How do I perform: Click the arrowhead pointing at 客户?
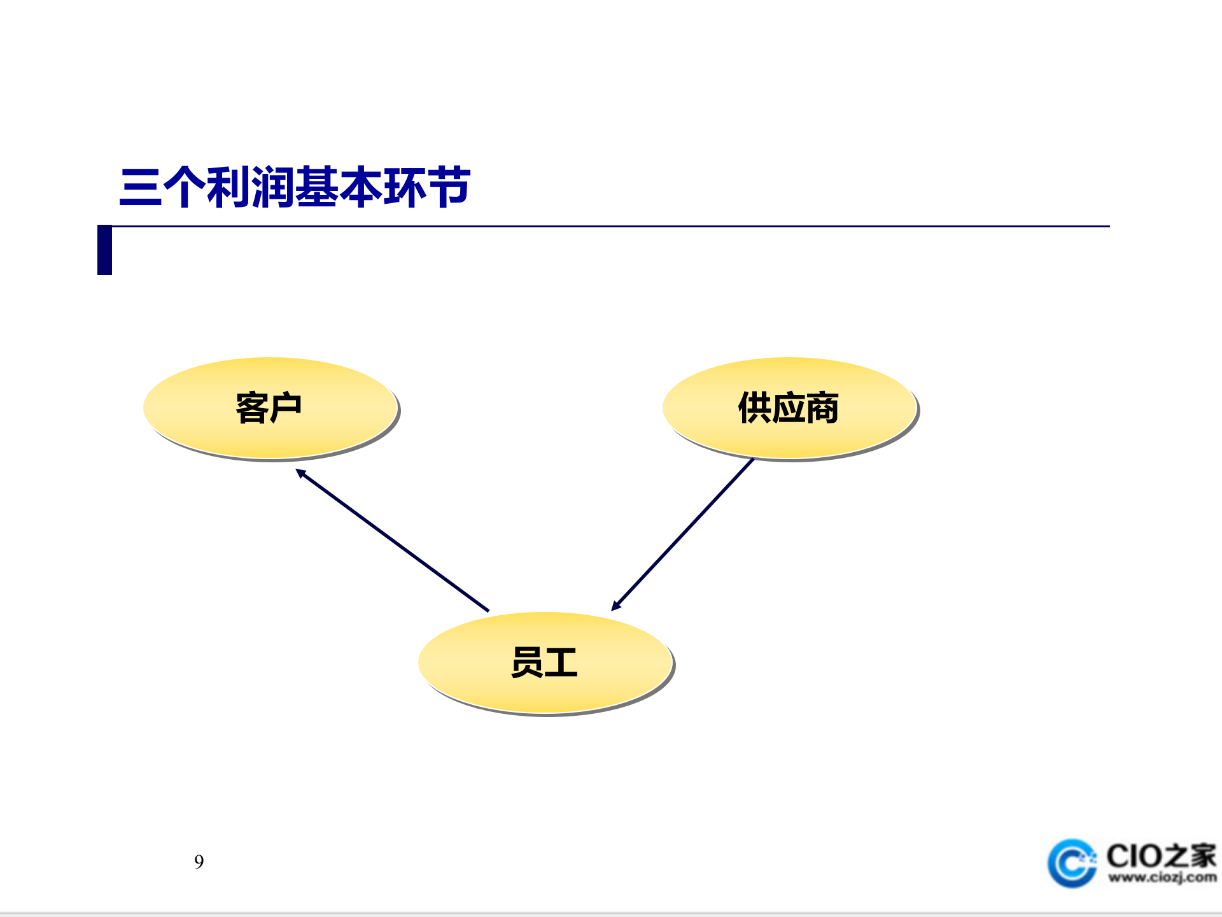300,473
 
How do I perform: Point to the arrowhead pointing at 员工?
615,606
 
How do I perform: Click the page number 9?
199,862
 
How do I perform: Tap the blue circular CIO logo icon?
1072,864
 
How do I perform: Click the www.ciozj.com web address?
1162,878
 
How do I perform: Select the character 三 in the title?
140,187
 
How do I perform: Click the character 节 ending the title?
449,187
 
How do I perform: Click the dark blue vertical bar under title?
104,250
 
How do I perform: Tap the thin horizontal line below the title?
611,226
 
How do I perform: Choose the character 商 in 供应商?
822,408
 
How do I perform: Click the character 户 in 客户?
285,408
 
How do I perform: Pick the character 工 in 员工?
561,662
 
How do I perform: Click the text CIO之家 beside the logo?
1160,855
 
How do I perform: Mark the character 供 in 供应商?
754,408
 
